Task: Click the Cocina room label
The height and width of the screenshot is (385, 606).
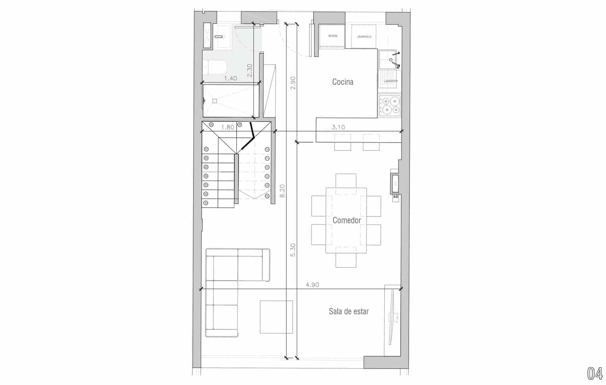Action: coord(342,82)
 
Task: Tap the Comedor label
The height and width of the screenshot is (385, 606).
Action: coord(347,220)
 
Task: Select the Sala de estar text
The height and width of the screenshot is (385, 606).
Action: coord(348,311)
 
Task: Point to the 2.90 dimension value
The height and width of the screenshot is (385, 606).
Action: coord(292,83)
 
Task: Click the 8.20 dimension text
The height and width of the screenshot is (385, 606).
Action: coord(282,191)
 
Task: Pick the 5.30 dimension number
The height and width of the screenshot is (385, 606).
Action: coord(292,250)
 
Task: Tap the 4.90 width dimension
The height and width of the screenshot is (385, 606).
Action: coord(312,285)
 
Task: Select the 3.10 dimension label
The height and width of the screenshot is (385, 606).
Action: coord(338,127)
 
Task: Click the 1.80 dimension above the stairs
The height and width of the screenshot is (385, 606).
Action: coord(227,127)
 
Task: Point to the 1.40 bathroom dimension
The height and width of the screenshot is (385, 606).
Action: coord(230,78)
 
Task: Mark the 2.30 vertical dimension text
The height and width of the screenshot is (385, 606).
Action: coord(250,70)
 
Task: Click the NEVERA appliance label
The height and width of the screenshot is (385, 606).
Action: coord(333,36)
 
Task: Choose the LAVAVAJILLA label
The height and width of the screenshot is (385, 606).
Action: coord(364,37)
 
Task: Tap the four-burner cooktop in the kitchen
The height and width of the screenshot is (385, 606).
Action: coord(390,106)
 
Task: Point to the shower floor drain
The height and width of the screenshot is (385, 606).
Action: coord(215,101)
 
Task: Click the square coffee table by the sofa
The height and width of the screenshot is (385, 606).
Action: coord(276,317)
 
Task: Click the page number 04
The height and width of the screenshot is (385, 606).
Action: coord(595,374)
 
